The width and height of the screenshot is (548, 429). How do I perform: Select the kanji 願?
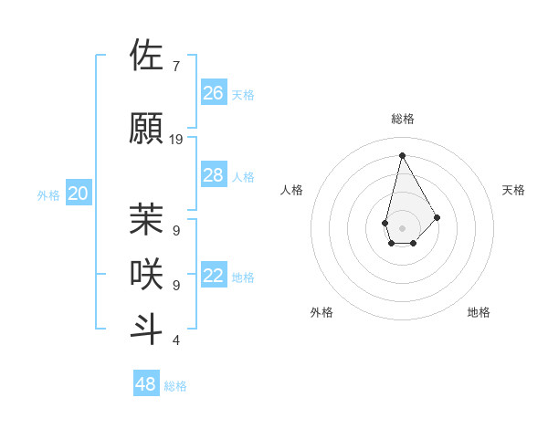(146, 128)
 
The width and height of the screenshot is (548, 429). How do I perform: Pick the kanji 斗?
(146, 330)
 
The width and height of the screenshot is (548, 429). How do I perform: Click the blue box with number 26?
(214, 93)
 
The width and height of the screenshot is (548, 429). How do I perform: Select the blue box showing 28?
(214, 175)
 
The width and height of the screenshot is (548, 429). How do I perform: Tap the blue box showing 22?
(214, 276)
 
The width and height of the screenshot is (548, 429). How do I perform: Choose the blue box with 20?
(79, 194)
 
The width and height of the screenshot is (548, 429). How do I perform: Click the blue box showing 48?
(146, 384)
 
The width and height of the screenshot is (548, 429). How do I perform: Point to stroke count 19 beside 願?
(176, 140)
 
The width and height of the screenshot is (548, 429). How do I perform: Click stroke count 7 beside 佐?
(176, 67)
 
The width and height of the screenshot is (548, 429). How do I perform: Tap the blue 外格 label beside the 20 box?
(48, 194)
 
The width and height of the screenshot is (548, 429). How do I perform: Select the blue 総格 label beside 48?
(175, 386)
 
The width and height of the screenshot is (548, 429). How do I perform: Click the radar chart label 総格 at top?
(402, 119)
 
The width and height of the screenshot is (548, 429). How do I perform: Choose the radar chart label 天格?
(513, 190)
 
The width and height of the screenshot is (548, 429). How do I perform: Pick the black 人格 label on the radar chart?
(291, 190)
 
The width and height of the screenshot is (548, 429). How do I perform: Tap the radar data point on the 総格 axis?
(402, 156)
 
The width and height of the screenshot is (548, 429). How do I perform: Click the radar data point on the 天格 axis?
(437, 217)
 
